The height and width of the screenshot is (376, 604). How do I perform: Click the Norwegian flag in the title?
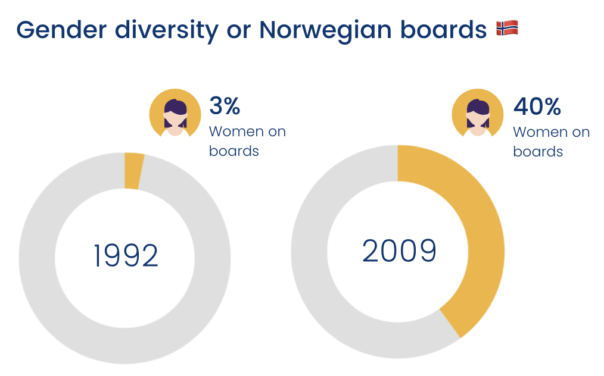coord(506,28)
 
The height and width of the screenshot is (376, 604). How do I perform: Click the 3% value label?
coord(225,106)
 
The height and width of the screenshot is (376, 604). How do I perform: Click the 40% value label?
coord(537,107)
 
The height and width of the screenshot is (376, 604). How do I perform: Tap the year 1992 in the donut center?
coord(126,256)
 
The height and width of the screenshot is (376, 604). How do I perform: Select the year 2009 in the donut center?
coord(399,251)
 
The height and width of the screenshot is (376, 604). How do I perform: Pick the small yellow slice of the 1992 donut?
coord(133,171)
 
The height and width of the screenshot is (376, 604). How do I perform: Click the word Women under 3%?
coord(231,131)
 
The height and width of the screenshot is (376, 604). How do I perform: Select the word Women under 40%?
coord(535,132)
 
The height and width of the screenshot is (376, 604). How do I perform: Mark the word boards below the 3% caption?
coord(234,151)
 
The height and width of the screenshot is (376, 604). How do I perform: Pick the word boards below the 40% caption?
coord(538,152)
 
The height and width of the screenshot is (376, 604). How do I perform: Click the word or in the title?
coord(238,29)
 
